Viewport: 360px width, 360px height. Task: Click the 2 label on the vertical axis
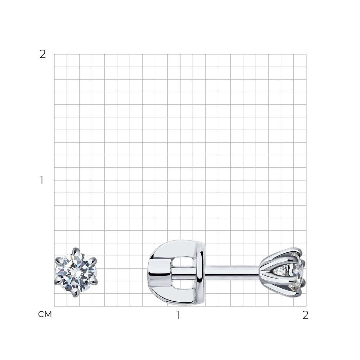[43, 54]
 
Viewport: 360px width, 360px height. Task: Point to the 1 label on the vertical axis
[41, 180]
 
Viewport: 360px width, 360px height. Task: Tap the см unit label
[45, 314]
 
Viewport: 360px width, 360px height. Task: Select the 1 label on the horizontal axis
[178, 315]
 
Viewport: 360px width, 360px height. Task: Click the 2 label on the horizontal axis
[305, 315]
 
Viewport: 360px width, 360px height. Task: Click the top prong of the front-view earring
[75, 251]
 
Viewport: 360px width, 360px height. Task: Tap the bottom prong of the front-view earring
[75, 293]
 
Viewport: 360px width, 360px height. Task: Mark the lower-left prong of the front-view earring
[58, 281]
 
